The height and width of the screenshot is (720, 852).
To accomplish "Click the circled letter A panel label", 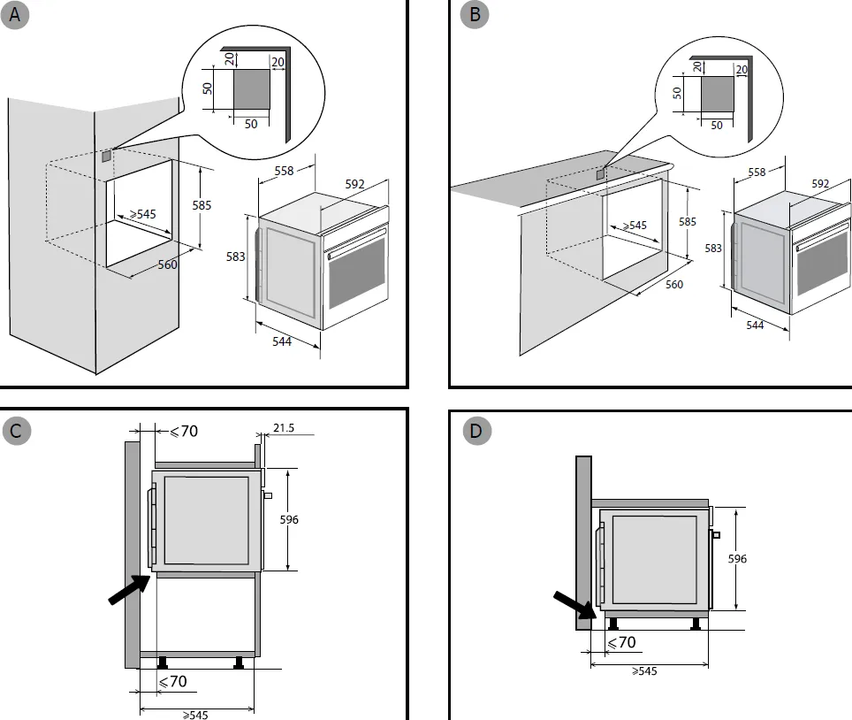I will coord(16,15).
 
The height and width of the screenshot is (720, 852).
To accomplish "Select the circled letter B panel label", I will coord(475,15).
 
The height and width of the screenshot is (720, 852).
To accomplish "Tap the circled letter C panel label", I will coord(16,431).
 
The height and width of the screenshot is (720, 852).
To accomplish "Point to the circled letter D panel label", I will coord(476,431).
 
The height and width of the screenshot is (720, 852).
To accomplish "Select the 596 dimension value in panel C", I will coord(288,519).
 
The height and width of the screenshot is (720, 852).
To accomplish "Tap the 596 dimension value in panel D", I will coord(737,558).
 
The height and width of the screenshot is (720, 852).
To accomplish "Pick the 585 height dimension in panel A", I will coord(202,205).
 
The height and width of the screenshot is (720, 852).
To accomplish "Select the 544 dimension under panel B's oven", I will coord(755,325).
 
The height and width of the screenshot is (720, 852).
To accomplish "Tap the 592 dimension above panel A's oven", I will coord(354,184).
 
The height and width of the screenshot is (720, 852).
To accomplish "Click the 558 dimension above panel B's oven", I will coord(757,172).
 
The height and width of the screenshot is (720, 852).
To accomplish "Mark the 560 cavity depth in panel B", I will coord(674,284).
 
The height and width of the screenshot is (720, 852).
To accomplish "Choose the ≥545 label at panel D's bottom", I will coord(644,671).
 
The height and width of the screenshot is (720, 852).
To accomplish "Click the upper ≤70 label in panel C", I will coord(183,432).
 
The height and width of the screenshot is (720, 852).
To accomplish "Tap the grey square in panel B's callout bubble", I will coord(717,93).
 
